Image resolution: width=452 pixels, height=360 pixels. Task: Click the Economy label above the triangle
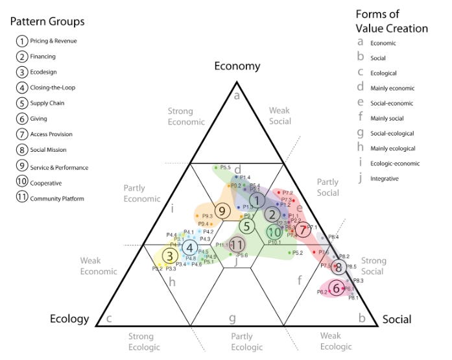point(237,66)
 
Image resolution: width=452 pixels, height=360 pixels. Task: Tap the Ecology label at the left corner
point(69,318)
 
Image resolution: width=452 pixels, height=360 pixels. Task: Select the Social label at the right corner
point(398,320)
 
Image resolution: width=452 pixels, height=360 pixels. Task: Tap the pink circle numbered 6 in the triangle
point(336,287)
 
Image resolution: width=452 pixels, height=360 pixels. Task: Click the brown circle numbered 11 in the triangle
point(237,244)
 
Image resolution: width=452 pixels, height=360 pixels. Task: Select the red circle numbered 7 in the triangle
point(303,229)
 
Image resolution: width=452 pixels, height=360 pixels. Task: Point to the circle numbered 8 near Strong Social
point(338,267)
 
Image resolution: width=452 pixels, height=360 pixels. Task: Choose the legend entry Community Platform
point(57,198)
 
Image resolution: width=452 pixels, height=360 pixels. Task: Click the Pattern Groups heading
point(47,21)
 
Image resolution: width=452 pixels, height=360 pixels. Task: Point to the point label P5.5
point(226,167)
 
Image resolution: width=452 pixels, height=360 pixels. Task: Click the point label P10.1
point(274,242)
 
